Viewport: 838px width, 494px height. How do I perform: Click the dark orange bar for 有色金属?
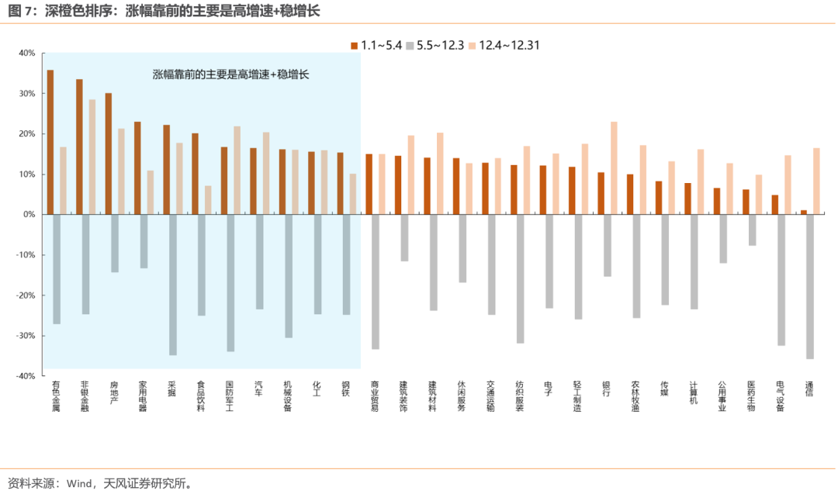(50, 142)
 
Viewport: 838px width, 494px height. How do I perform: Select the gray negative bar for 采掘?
(173, 285)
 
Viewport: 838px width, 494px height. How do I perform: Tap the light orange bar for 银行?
(614, 168)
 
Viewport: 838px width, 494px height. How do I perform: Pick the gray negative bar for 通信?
(810, 286)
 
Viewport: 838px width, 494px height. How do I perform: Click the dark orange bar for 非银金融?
(79, 147)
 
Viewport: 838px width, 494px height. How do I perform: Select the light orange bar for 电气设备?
(788, 185)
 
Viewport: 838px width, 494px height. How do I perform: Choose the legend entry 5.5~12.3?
(440, 45)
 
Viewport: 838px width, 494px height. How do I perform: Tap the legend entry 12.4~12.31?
(508, 45)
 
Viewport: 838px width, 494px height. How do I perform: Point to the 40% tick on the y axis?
(27, 54)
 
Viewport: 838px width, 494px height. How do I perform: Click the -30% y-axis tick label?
(26, 336)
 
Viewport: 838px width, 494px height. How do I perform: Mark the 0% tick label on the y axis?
(29, 215)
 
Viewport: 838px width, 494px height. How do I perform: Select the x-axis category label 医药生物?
(750, 396)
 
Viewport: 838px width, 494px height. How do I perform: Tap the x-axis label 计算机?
(693, 392)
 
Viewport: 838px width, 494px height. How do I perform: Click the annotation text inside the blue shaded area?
(230, 75)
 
